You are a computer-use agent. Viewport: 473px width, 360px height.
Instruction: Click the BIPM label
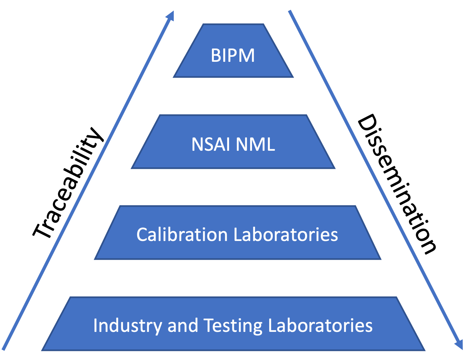(233, 55)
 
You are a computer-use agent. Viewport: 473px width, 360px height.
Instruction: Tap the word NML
(255, 144)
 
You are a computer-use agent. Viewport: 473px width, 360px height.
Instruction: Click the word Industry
(127, 325)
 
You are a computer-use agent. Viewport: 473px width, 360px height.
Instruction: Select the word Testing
(233, 325)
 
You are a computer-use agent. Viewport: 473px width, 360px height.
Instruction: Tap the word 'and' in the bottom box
(182, 325)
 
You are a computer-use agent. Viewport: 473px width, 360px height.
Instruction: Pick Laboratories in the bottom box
(320, 325)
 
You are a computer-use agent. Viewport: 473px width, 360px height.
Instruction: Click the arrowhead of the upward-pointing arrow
(171, 15)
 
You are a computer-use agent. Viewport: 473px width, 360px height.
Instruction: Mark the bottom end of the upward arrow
(4, 349)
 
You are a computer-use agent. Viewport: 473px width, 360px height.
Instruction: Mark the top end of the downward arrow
(290, 11)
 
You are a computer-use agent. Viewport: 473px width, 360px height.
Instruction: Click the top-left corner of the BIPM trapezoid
(203, 24)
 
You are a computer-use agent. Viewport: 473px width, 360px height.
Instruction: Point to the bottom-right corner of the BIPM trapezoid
(293, 77)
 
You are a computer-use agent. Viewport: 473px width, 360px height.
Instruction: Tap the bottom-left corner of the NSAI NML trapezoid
(132, 168)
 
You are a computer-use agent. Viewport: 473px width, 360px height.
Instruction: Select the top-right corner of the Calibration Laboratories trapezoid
(355, 206)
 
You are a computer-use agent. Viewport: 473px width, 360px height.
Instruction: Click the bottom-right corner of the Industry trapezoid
(424, 350)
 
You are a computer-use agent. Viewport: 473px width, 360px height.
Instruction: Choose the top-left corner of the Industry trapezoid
(71, 297)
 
